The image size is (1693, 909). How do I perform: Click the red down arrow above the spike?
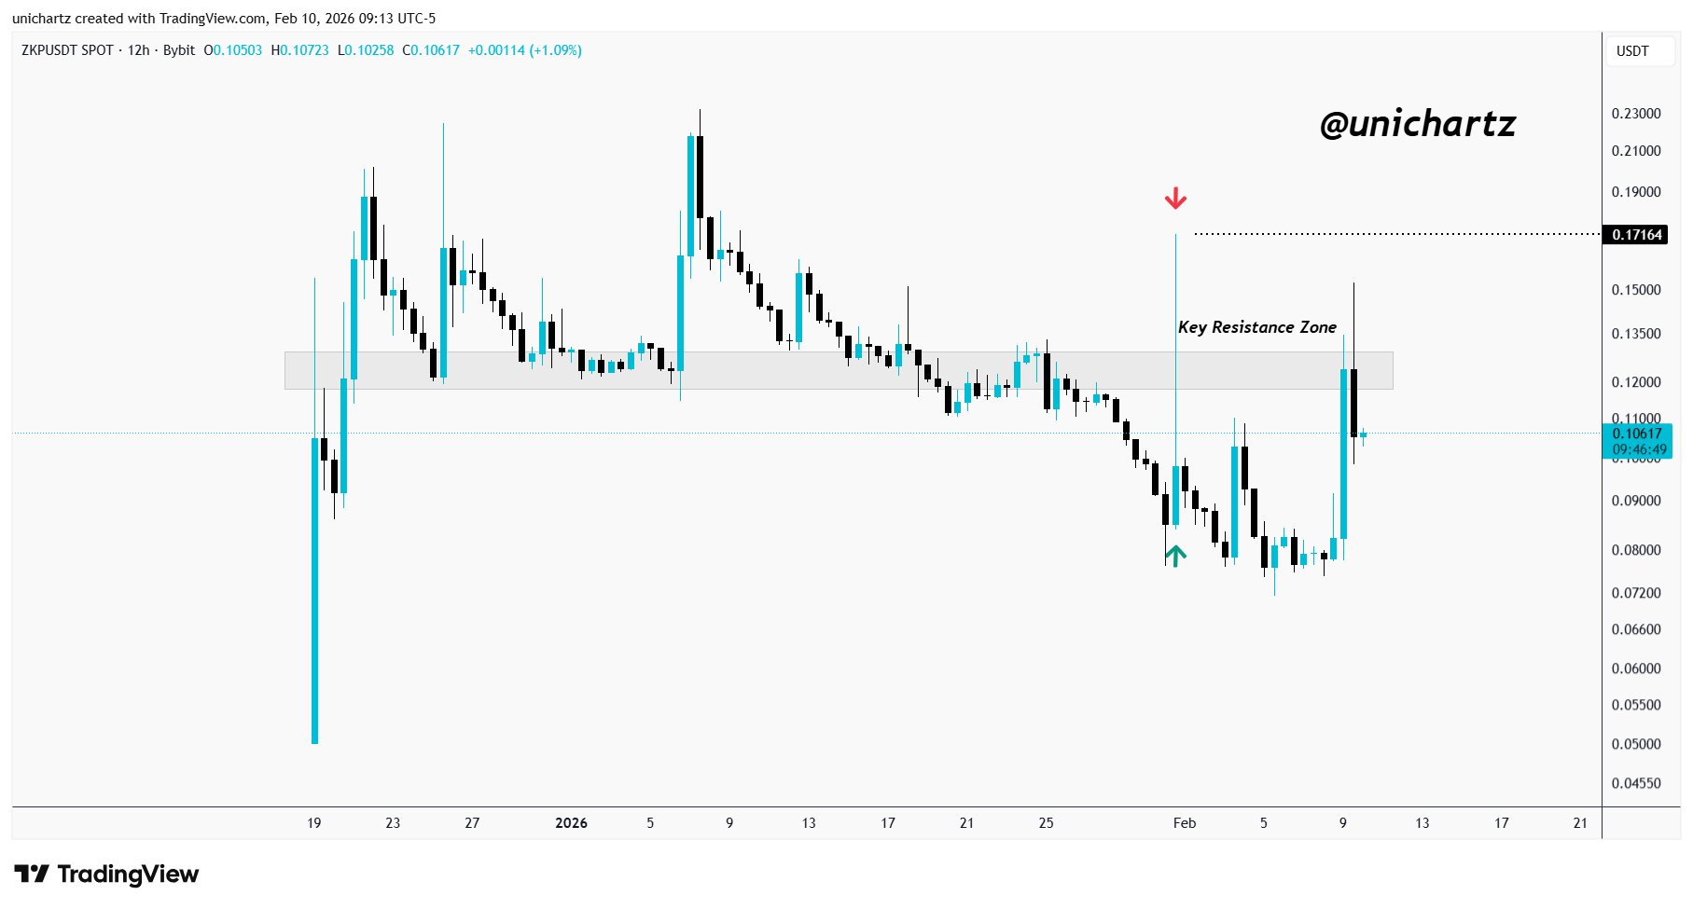[1175, 198]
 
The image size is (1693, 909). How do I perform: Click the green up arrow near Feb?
[1175, 556]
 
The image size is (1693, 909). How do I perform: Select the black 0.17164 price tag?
[1637, 234]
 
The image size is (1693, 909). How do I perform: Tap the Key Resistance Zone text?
[1256, 327]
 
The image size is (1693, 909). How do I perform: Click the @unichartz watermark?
[1418, 124]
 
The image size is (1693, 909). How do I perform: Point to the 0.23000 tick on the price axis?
[1636, 114]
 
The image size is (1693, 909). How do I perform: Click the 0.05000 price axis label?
[1636, 744]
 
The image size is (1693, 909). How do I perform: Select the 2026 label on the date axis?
[571, 822]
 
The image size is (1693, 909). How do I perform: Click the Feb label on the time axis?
[1184, 822]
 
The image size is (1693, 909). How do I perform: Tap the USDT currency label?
[1632, 51]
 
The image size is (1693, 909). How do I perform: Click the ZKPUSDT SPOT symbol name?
[67, 50]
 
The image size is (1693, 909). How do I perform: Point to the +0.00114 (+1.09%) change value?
[525, 50]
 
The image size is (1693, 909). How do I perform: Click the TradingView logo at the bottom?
[107, 875]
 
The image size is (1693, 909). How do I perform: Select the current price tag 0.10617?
[1637, 434]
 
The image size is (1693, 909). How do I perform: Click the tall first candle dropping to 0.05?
[314, 587]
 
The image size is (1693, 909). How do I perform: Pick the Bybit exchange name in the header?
[179, 50]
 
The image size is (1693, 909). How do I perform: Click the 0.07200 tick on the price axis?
[1636, 593]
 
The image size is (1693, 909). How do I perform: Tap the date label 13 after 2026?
[808, 822]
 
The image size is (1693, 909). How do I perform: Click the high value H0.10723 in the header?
[299, 50]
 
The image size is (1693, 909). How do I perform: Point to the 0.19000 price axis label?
[1636, 192]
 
